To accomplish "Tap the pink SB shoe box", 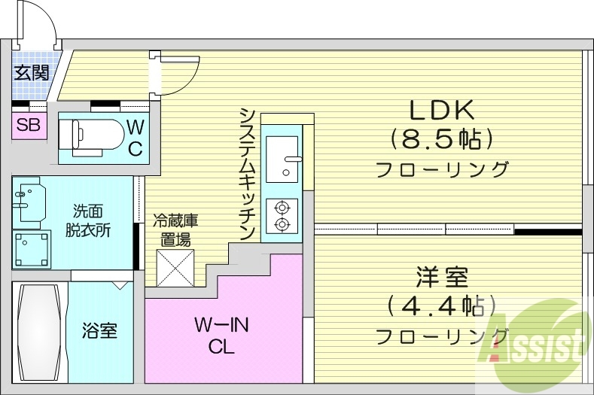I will click(29, 126).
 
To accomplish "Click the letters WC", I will click(136, 137).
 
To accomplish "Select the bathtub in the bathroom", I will click(38, 331).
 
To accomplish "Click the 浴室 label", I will click(99, 330).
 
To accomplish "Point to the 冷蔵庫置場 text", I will click(175, 230).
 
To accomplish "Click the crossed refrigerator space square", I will click(175, 267).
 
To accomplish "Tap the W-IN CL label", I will click(221, 336).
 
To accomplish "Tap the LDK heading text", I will click(441, 111).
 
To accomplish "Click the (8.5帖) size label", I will click(441, 139).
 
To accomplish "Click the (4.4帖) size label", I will click(442, 306).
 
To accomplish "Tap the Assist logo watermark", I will click(536, 342).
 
